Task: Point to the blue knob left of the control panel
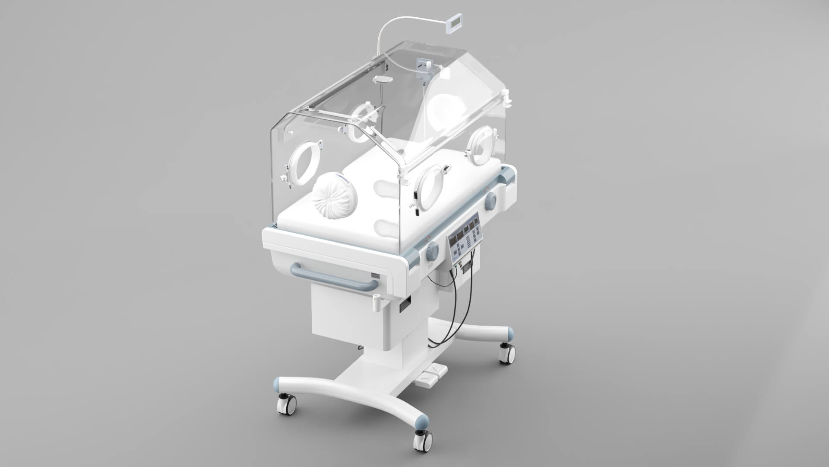(x=432, y=251)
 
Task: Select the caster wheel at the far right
(x=506, y=353)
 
